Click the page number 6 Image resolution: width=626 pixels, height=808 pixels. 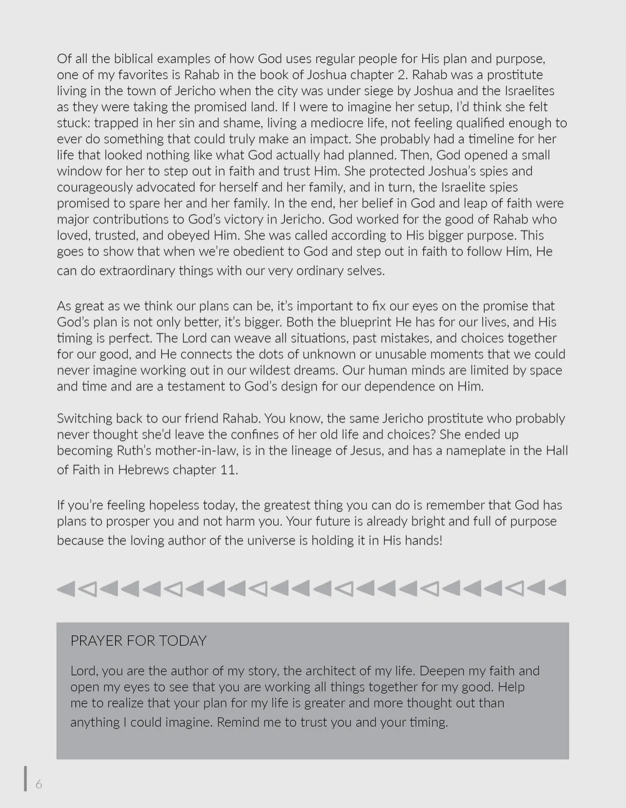click(x=39, y=785)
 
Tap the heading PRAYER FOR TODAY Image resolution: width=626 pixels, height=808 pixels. click(x=138, y=641)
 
